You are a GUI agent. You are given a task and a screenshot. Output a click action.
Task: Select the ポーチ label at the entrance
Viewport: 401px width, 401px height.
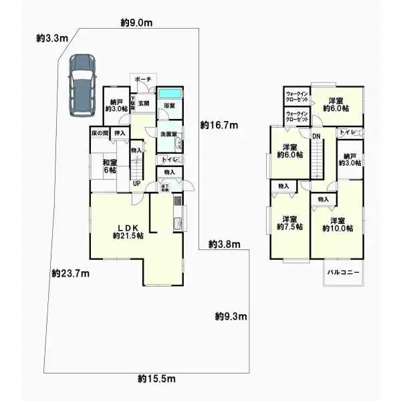tap(143, 80)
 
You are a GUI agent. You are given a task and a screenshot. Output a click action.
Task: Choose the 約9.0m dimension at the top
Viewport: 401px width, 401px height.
tap(136, 23)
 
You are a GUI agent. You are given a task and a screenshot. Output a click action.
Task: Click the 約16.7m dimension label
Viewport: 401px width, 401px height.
tap(220, 125)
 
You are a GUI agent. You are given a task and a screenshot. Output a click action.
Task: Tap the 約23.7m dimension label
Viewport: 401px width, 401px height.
tap(70, 273)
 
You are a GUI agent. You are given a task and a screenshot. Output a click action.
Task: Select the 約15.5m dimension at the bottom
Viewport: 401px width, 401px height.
tap(156, 379)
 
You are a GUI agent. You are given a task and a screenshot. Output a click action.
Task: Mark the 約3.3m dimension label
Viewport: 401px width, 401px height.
tap(52, 39)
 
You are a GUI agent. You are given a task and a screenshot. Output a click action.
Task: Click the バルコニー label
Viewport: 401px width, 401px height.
tap(344, 273)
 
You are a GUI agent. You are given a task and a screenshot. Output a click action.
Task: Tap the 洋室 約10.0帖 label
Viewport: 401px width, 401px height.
tap(338, 225)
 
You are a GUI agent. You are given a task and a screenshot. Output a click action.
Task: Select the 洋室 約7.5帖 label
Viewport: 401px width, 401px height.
tap(289, 223)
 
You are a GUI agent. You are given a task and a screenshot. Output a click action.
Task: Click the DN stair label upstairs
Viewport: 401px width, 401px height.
tap(316, 138)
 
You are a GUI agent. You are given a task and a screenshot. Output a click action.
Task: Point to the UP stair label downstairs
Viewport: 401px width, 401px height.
tap(136, 184)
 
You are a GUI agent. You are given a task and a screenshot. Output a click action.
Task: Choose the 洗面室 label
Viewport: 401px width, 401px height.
tap(168, 134)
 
